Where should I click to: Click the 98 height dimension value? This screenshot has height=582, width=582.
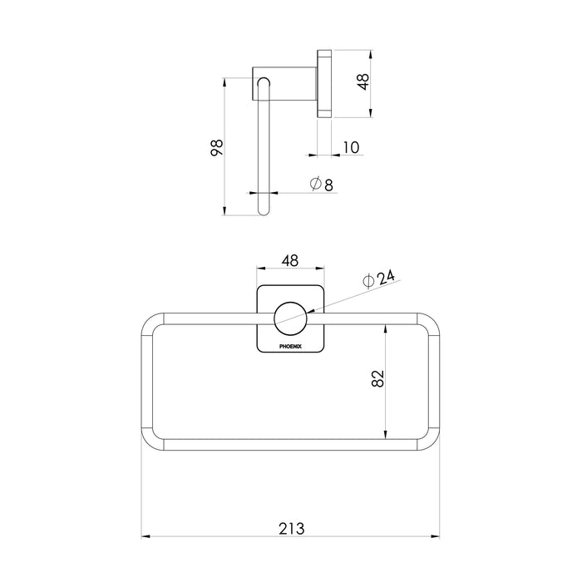[x=216, y=147]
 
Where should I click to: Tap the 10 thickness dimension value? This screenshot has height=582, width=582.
[x=349, y=147]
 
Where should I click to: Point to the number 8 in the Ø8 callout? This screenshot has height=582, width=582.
[x=328, y=185]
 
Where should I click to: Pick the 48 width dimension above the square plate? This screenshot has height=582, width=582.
[x=290, y=260]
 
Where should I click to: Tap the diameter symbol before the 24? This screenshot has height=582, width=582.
[x=369, y=282]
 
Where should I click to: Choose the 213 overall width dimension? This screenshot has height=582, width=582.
[x=290, y=528]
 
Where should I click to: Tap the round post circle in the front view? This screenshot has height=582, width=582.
[x=290, y=318]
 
